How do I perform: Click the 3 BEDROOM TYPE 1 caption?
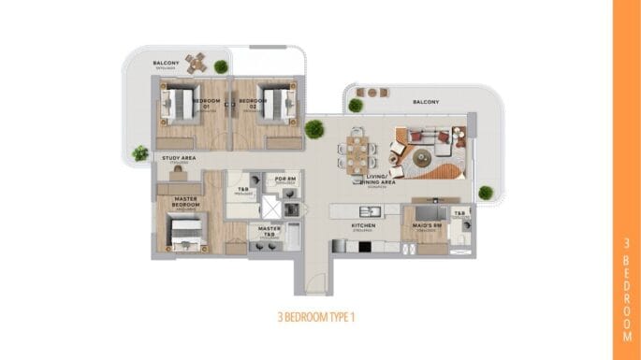coord(317,315)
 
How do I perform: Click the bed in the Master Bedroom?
coord(185,231)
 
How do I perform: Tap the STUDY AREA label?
coord(178,159)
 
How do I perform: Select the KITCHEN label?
coord(363,225)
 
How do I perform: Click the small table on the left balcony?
coord(196,64)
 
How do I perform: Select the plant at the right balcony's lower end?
coord(486,194)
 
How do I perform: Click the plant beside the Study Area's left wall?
coord(140,151)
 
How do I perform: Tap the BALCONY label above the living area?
coord(427,102)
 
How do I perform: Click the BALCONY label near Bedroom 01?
coord(166,64)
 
